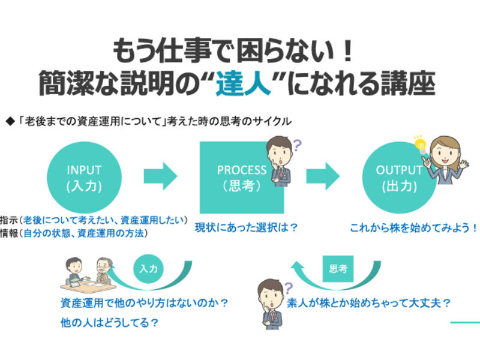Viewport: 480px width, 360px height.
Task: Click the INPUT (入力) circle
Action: pos(85,178)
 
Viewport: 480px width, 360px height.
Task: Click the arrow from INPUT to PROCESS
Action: pos(160,177)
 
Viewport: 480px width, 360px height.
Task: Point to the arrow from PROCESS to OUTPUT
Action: pos(323,177)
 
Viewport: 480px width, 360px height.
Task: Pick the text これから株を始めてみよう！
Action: pos(413,229)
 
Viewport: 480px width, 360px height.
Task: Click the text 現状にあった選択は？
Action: pos(246,229)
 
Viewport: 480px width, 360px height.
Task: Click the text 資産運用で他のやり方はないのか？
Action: pos(146,302)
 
